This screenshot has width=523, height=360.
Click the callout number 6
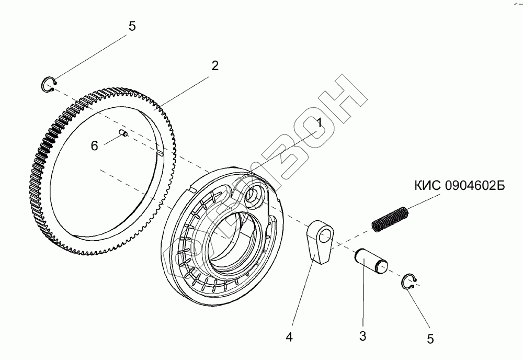pyautogui.click(x=95, y=145)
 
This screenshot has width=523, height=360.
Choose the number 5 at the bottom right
pyautogui.click(x=430, y=339)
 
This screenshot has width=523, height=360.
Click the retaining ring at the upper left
pyautogui.click(x=49, y=84)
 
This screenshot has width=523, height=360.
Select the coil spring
pyautogui.click(x=390, y=217)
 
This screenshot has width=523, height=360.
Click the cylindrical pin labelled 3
pyautogui.click(x=370, y=261)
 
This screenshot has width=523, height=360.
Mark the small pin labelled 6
pyautogui.click(x=123, y=133)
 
